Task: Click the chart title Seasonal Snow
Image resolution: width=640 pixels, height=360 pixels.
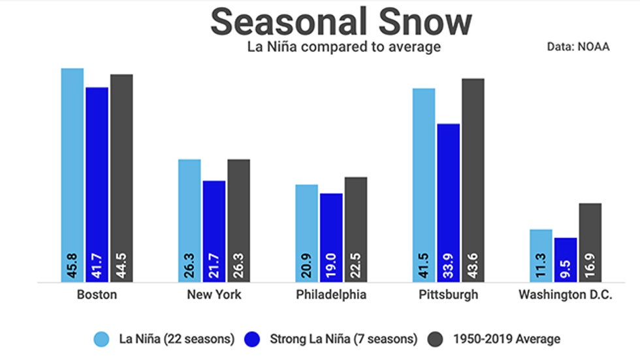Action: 341,22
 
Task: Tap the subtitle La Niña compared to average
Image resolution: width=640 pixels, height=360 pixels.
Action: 344,47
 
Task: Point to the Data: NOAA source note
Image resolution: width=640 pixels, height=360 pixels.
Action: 579,47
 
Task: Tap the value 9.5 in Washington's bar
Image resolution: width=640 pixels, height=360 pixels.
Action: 566,268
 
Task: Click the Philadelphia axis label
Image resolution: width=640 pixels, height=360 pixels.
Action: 331,295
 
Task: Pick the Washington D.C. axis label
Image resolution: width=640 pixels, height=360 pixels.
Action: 566,295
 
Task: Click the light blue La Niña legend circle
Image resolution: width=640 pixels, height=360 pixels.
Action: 101,338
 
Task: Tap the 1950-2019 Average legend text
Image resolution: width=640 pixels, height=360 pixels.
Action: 504,338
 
